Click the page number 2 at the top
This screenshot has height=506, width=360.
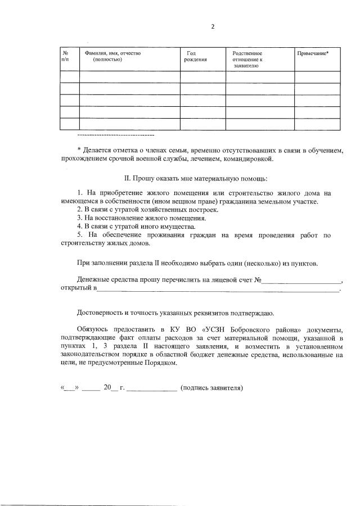pos(213,26)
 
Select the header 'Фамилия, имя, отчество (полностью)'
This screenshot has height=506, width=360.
pos(112,56)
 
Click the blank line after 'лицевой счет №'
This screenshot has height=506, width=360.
pos(303,281)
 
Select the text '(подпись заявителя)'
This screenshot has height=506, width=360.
pos(211,388)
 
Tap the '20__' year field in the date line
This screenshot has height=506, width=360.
pos(111,388)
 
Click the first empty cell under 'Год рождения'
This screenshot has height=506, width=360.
pos(202,77)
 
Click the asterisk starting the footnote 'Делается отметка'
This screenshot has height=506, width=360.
pos(79,149)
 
